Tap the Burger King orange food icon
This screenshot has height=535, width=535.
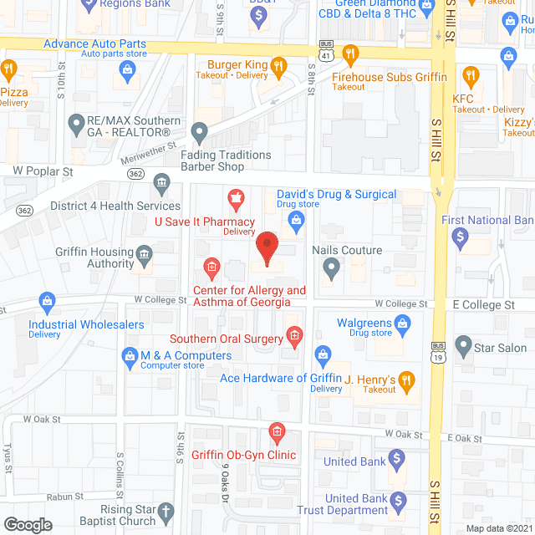point(279,64)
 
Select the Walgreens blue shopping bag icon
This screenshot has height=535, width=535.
point(402,322)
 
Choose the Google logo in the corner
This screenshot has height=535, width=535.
point(28,524)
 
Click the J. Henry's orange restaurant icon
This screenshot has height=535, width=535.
point(407,381)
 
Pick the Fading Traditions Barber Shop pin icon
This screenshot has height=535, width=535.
point(200,132)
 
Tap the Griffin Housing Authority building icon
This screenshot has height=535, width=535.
point(145,253)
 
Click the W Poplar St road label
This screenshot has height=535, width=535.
point(43,171)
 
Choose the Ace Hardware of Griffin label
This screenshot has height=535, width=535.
point(276,378)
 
